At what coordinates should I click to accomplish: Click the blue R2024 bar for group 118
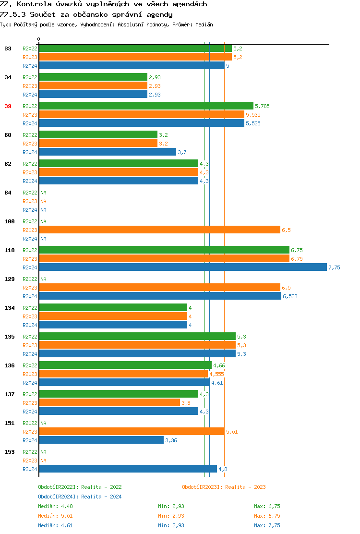click(x=182, y=267)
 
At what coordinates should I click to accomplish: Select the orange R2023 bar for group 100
click(x=159, y=230)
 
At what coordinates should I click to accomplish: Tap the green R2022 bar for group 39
click(x=146, y=106)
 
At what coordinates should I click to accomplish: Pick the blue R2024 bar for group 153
click(x=128, y=469)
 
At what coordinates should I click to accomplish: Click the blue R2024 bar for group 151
click(x=101, y=440)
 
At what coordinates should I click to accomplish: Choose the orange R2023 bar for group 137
click(x=109, y=403)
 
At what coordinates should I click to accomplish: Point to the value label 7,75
click(x=334, y=267)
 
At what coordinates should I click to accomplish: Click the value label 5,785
click(x=263, y=106)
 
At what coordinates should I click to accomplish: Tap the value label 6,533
click(x=290, y=296)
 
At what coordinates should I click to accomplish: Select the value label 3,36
click(x=171, y=440)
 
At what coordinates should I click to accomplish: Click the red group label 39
click(x=8, y=106)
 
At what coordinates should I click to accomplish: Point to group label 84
click(x=8, y=193)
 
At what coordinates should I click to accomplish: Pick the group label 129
click(x=9, y=279)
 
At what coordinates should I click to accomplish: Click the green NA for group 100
click(x=43, y=221)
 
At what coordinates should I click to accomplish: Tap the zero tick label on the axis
click(x=39, y=39)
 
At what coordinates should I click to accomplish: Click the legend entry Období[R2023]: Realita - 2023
click(x=224, y=487)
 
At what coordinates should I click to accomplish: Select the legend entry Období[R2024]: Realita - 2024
click(x=80, y=497)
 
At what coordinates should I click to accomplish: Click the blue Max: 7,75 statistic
click(x=267, y=525)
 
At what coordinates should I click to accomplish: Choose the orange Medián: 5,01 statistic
click(x=55, y=516)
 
